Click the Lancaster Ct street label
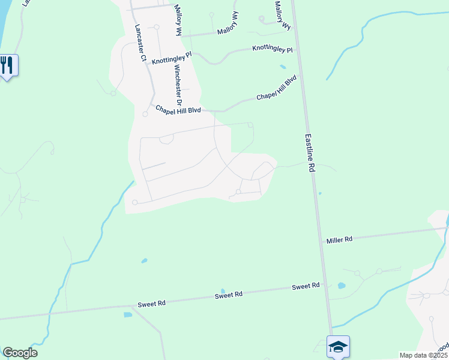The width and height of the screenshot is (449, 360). coord(141,43)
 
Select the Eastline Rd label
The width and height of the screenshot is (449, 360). coord(310,154)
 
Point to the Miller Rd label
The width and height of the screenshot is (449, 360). coord(339,239)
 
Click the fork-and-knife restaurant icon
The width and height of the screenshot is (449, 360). coord(7,65)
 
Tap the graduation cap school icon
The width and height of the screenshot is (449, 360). coord(338,346)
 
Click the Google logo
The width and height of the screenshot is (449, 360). coord(20,353)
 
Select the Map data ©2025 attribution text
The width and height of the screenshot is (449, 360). coord(423,355)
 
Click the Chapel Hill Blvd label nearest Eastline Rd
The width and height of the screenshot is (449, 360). coord(277,88)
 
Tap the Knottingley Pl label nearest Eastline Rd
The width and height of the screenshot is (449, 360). coord(273,49)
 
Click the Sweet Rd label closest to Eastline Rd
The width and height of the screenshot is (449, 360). coord(306,287)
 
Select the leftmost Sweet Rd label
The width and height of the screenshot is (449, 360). coord(151,304)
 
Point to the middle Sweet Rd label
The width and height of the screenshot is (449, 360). coord(229,295)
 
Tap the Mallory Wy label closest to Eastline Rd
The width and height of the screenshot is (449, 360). coord(282,16)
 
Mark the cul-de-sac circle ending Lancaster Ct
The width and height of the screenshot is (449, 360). coord(145,114)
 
